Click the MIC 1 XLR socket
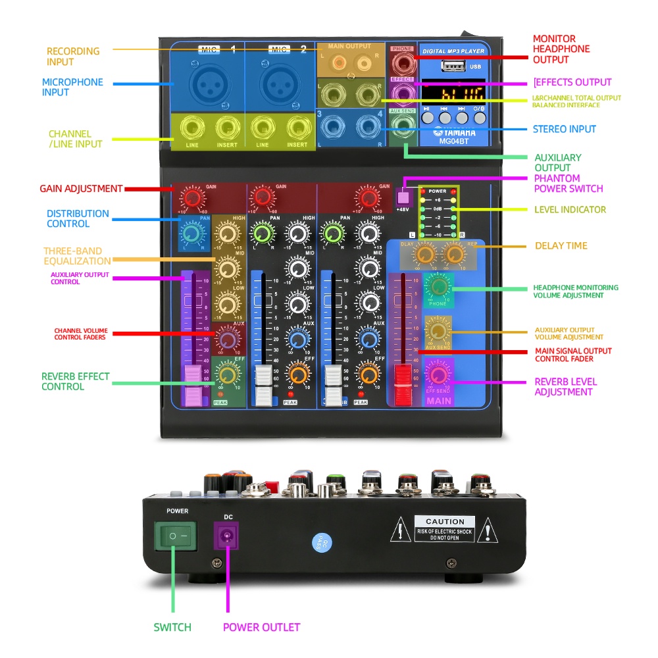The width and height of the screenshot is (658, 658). [206, 84]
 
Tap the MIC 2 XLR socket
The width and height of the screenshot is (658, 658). [278, 84]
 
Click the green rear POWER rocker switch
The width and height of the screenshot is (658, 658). [175, 536]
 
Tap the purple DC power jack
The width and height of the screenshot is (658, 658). [228, 536]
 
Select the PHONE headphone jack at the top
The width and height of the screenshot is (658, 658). [401, 64]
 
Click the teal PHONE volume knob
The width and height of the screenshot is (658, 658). [438, 286]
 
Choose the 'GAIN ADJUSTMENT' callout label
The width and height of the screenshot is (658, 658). [81, 189]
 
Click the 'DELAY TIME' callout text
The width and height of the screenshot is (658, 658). [561, 246]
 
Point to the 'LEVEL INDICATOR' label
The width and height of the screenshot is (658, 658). [570, 209]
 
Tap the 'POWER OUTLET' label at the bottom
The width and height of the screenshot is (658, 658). [261, 627]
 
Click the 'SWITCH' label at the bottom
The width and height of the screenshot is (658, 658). [172, 627]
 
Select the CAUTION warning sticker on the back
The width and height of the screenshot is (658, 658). [445, 529]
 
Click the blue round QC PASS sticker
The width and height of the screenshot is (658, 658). [322, 543]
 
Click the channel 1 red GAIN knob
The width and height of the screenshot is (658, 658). [192, 197]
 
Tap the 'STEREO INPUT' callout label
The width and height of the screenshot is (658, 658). [565, 129]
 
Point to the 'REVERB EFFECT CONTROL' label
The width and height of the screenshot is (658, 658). [76, 382]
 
